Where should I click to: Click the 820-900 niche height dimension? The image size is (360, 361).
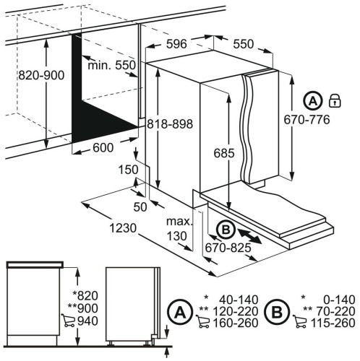click(x=41, y=75)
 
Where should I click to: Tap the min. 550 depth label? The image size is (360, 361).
click(x=111, y=65)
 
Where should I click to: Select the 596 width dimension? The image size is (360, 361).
click(x=176, y=44)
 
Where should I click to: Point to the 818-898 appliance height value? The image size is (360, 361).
click(x=170, y=124)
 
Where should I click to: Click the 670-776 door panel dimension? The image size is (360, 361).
click(x=307, y=120)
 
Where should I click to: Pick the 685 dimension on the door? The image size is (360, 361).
click(x=224, y=153)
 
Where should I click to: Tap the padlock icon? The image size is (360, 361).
click(x=335, y=100)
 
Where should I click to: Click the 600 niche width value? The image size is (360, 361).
click(x=103, y=147)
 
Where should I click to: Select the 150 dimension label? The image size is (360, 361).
click(x=128, y=170)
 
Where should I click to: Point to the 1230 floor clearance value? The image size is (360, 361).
click(x=123, y=228)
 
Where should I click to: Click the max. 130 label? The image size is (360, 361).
click(x=179, y=229)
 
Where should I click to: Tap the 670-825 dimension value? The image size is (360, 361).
click(x=228, y=248)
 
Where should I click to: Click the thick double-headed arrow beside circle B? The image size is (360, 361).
click(x=249, y=236)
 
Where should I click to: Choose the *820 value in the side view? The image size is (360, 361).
click(x=85, y=295)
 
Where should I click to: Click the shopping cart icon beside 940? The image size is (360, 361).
click(x=69, y=321)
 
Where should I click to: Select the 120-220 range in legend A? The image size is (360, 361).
click(x=236, y=311)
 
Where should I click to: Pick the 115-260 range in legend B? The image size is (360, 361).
click(x=333, y=323)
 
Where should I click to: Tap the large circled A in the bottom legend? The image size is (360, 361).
click(x=180, y=312)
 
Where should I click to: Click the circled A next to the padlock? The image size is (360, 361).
click(x=313, y=101)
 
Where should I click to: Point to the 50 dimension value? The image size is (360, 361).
click(x=140, y=207)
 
